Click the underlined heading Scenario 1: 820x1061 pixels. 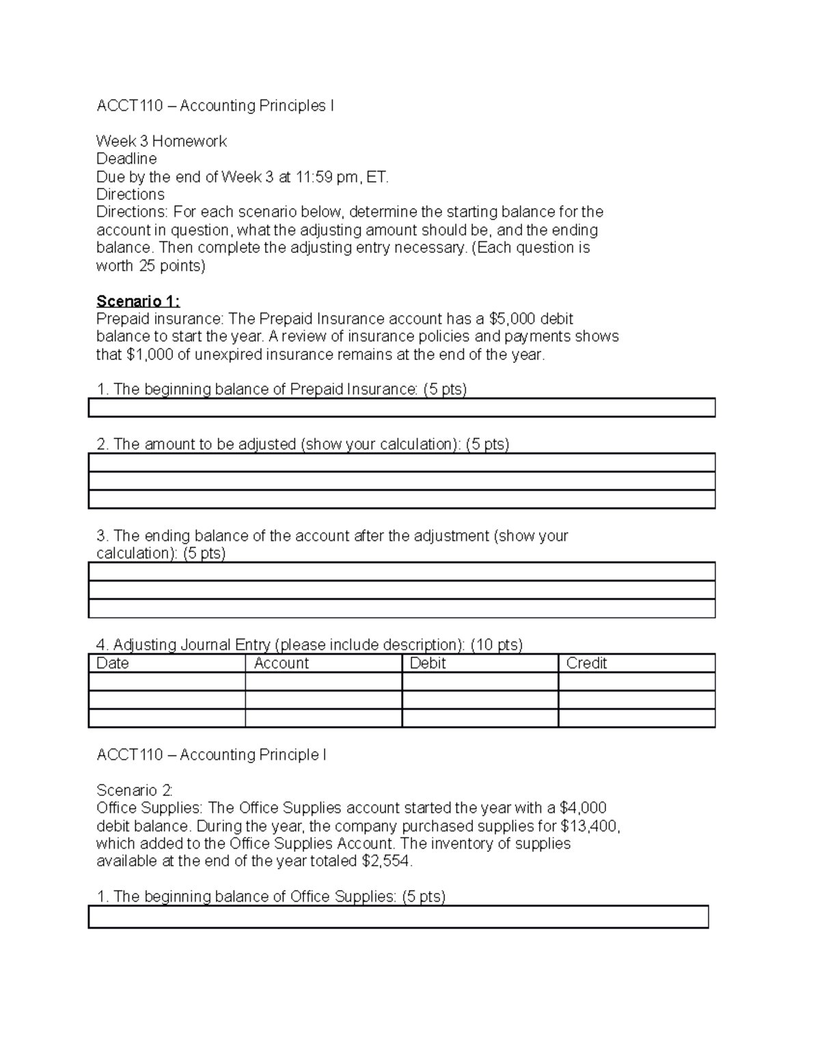[138, 301]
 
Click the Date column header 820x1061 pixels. [113, 663]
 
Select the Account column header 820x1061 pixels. [281, 663]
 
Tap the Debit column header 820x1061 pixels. [428, 663]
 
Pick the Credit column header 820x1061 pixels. [586, 663]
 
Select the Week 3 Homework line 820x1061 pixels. [161, 141]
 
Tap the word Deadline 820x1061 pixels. [126, 159]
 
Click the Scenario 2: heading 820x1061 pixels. [135, 790]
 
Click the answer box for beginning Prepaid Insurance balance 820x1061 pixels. [402, 408]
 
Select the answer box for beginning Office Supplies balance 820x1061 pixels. [398, 917]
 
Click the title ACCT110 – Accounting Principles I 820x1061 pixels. [215, 106]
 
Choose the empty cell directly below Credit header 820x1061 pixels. [636, 682]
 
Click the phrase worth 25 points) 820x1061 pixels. [150, 266]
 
